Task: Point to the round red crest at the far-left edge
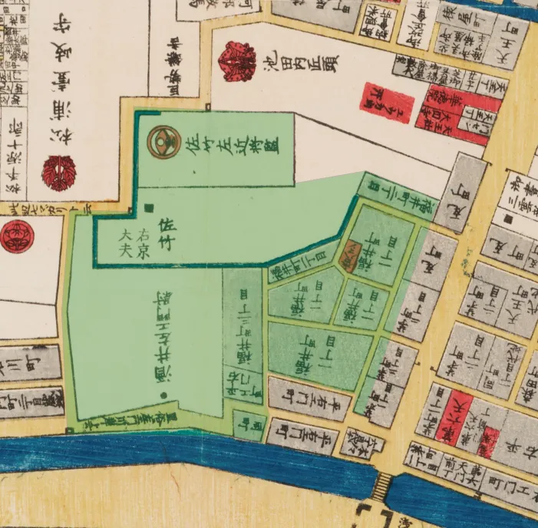(x=13, y=236)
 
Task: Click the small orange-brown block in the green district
(x=348, y=256)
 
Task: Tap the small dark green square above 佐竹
(x=149, y=206)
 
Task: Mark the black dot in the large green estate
(x=164, y=395)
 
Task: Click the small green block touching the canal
(x=249, y=423)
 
